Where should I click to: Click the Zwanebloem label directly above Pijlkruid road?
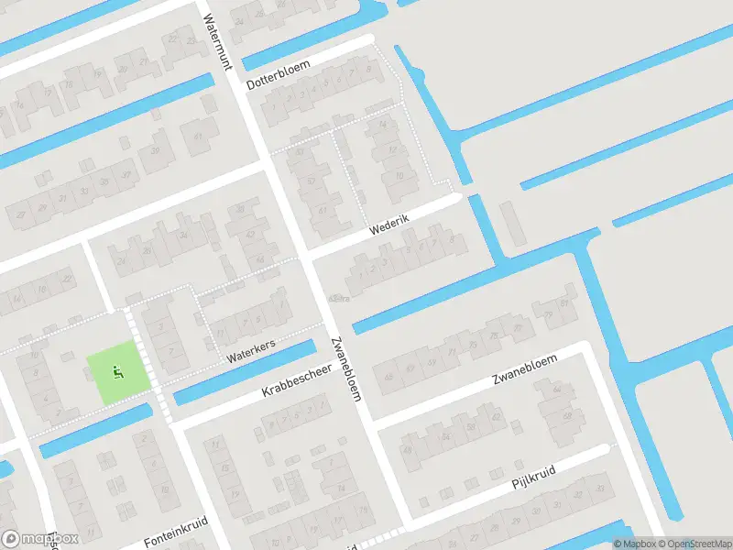(x=525, y=368)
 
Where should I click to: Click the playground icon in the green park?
(x=116, y=372)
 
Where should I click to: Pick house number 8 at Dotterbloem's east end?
(x=370, y=69)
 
